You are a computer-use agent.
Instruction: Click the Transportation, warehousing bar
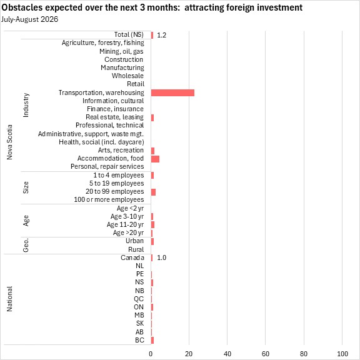(172, 93)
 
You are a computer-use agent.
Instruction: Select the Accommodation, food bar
(155, 159)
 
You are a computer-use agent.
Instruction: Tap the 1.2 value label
(162, 35)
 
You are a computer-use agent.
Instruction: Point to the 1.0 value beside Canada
(162, 257)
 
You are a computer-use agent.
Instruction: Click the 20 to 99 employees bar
(153, 192)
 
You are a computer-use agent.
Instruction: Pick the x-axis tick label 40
(227, 354)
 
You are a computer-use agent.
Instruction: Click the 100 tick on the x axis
(342, 354)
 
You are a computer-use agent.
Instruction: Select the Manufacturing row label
(122, 67)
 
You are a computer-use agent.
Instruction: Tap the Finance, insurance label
(115, 109)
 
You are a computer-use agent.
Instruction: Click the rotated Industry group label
(26, 105)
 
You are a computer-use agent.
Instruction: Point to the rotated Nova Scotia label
(9, 142)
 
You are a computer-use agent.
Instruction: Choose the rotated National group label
(9, 299)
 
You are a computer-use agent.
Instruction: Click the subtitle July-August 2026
(29, 19)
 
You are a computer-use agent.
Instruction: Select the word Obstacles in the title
(22, 7)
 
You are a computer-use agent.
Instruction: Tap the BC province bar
(152, 340)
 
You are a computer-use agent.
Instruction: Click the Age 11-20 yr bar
(152, 224)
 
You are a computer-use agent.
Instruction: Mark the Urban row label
(135, 241)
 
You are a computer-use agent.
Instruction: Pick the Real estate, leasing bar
(152, 117)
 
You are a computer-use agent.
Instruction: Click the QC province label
(139, 299)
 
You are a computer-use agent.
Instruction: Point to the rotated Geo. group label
(26, 245)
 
